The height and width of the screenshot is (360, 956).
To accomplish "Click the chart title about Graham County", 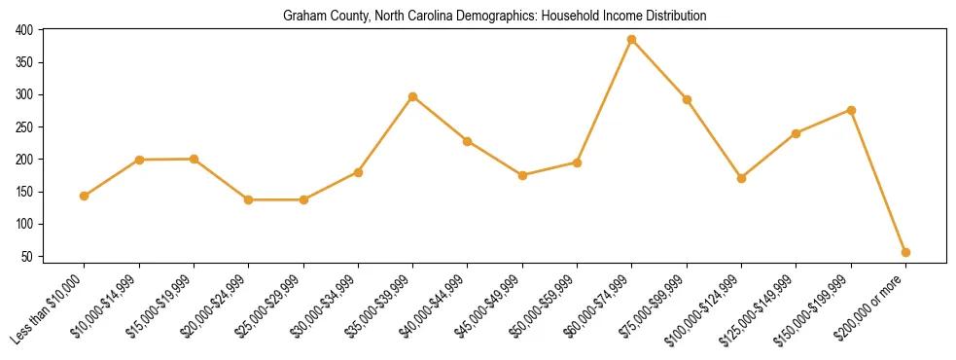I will (494, 17).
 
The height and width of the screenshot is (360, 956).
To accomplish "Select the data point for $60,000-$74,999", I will (632, 40).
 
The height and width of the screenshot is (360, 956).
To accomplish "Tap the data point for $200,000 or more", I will (905, 252).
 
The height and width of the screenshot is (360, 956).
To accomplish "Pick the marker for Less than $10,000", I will (85, 196).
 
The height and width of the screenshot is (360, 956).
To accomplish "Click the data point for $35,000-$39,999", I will (413, 96).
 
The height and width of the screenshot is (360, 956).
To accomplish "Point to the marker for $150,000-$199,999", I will (851, 110).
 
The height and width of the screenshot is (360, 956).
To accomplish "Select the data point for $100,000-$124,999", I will (741, 178).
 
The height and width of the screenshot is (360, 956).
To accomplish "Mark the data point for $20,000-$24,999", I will (249, 199).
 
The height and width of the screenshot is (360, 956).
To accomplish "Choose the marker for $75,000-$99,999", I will (687, 99).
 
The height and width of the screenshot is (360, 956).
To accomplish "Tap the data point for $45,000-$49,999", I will (522, 175).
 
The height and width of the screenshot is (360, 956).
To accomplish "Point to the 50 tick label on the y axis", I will (28, 257).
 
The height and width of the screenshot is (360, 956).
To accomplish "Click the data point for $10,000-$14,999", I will (140, 160).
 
